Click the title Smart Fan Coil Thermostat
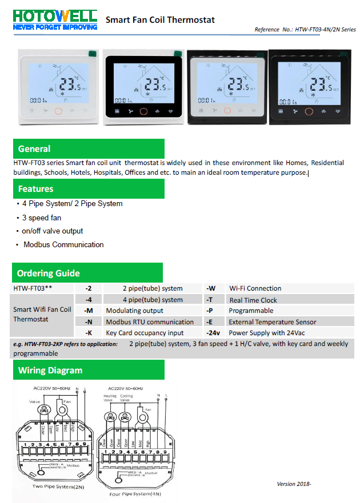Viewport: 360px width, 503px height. click(160, 20)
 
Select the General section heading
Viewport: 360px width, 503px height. click(34, 149)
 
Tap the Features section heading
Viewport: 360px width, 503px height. click(35, 189)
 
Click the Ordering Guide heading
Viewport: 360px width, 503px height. click(48, 273)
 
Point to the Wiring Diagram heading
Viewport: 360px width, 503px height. click(50, 370)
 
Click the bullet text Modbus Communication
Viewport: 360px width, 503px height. click(63, 245)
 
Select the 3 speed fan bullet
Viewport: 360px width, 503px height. click(41, 218)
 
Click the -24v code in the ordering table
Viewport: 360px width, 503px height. click(213, 332)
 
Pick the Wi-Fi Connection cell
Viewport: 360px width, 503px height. click(255, 288)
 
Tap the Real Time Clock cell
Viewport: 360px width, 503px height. click(253, 300)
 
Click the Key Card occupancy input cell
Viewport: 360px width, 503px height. click(145, 333)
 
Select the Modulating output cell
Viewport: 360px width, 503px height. click(134, 311)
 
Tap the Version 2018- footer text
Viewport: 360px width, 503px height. click(294, 484)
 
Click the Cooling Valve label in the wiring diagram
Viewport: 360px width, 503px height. click(126, 398)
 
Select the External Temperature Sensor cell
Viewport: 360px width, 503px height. click(272, 322)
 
